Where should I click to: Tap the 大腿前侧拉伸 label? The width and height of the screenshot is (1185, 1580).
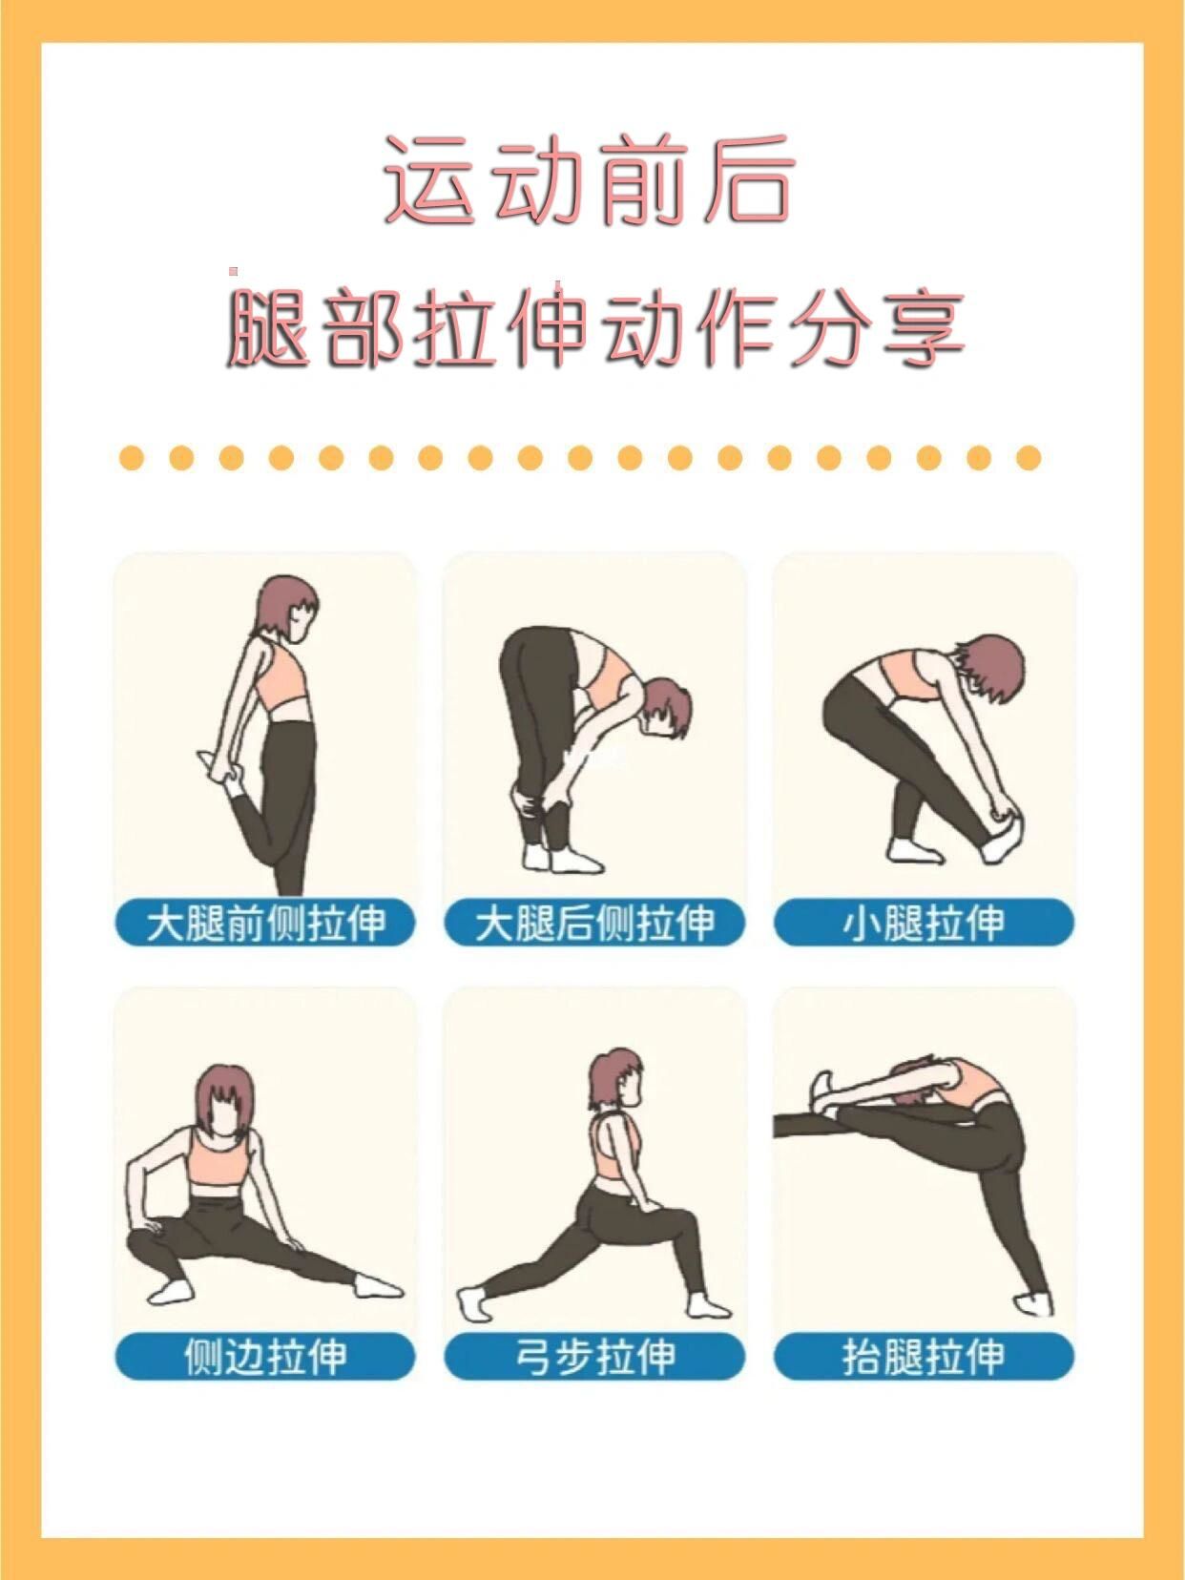click(265, 923)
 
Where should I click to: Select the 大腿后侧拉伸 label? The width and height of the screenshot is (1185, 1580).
click(593, 923)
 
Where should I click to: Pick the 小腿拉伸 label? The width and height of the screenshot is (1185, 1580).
click(924, 923)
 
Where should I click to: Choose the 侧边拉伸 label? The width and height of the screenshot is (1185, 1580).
click(265, 1356)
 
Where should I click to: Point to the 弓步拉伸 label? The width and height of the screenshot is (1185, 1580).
click(593, 1356)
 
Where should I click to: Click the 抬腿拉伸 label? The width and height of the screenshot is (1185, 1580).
click(924, 1356)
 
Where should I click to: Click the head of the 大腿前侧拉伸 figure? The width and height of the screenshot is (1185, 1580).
click(286, 607)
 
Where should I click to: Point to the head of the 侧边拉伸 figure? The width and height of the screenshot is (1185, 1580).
click(226, 1098)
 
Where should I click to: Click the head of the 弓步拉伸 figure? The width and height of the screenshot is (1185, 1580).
click(615, 1079)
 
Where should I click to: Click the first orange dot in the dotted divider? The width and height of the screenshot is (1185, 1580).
click(132, 458)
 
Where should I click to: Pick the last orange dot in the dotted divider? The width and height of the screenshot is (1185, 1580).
click(1028, 458)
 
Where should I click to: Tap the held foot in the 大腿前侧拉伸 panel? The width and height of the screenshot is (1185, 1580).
click(216, 768)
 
